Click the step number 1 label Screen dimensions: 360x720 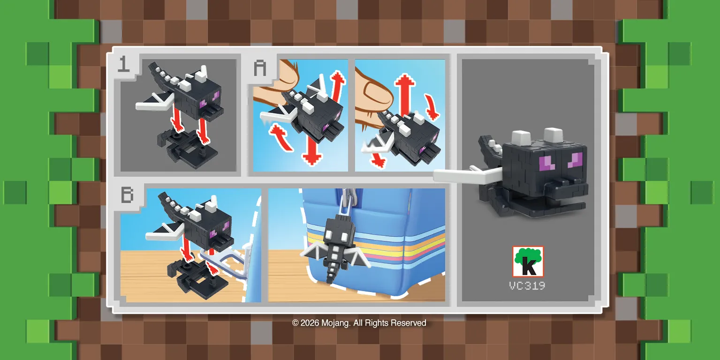tap(123, 64)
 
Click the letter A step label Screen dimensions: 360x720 tap(260, 68)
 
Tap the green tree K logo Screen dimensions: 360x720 tap(528, 262)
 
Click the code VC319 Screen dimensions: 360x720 tap(527, 285)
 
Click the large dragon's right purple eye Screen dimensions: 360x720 tap(575, 160)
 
